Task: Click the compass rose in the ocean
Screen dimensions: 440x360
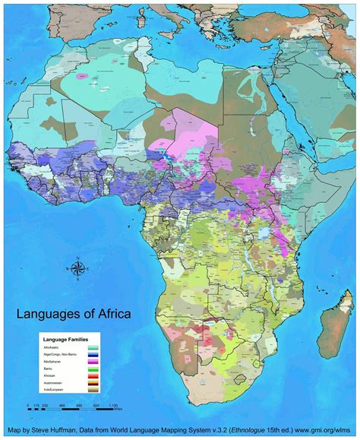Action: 77,268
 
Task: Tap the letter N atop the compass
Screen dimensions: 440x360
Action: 77,260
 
